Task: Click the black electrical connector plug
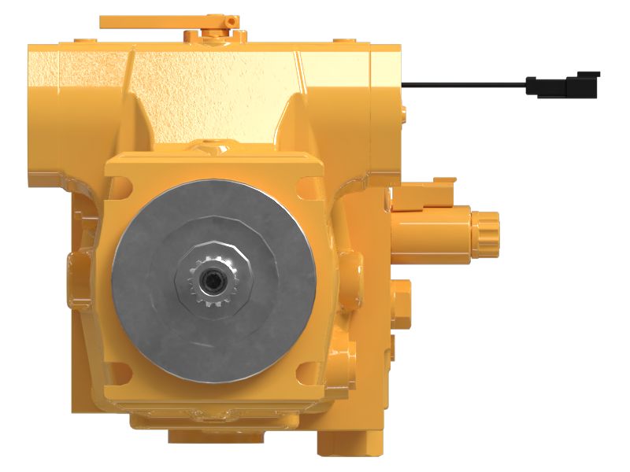click(562, 84)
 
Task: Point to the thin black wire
click(465, 82)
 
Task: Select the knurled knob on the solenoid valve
click(487, 228)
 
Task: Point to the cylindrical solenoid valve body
click(433, 228)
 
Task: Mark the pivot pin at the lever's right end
click(229, 17)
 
